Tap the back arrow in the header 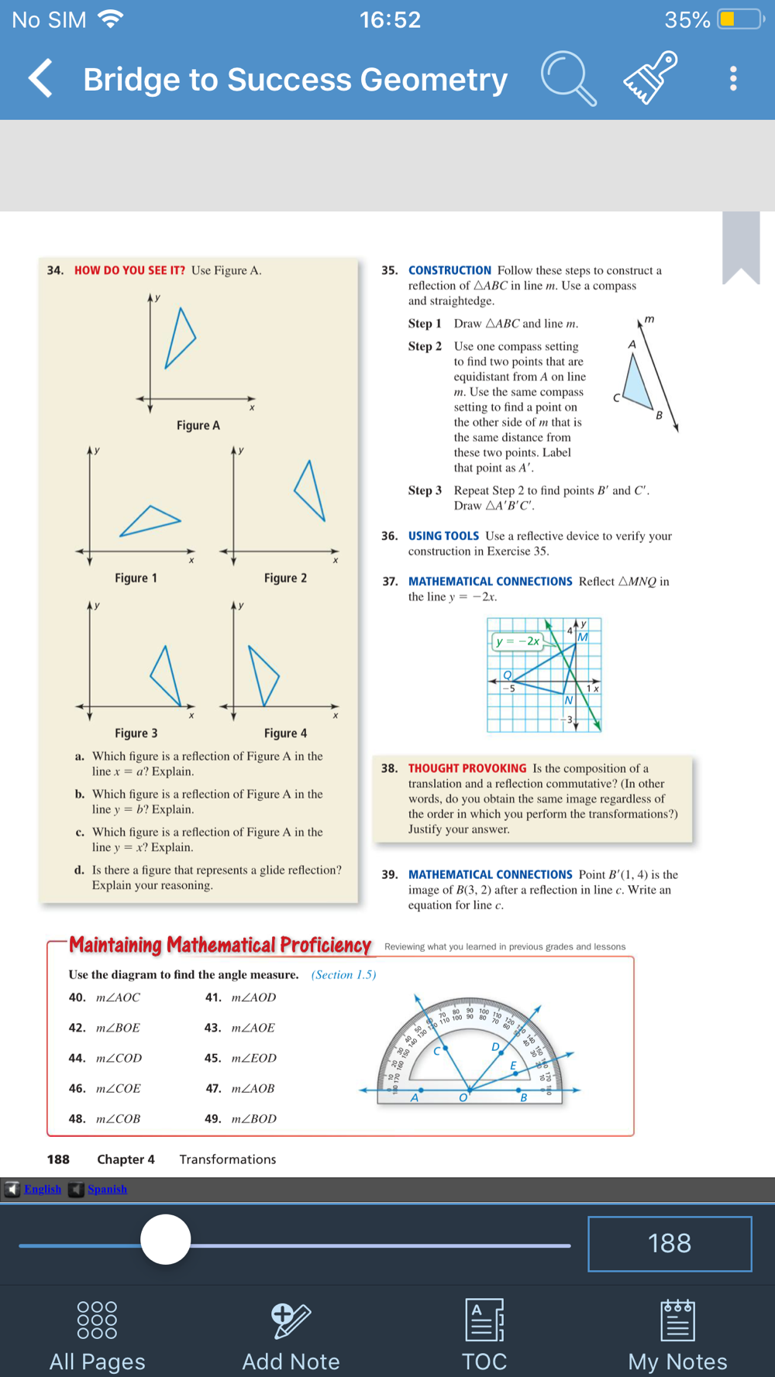(41, 78)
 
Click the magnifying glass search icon (568, 78)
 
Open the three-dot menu (732, 78)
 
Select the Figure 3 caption (136, 733)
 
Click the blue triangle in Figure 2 (312, 491)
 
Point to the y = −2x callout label (518, 641)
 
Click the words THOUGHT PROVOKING (467, 768)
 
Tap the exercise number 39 (389, 874)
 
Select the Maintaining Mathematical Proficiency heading (220, 945)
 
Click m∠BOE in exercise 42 (118, 1028)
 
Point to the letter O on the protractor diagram (463, 1097)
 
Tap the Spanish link (107, 1189)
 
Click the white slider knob (165, 1239)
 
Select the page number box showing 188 (670, 1244)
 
